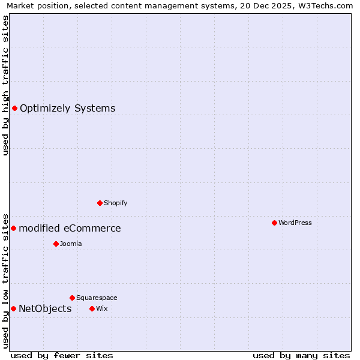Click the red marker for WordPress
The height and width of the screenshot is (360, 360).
[x=274, y=223]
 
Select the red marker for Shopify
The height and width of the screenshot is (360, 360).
[x=100, y=203]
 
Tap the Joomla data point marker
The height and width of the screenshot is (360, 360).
[x=56, y=244]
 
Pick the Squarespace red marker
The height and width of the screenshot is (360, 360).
[x=72, y=298]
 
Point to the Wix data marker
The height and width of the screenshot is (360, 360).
[x=92, y=308]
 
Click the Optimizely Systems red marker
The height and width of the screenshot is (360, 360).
[x=14, y=108]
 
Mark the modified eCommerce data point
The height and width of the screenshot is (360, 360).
[x=13, y=228]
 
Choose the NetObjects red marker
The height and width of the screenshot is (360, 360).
[x=13, y=308]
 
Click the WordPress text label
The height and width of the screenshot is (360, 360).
[x=295, y=223]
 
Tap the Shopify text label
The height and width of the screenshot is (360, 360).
[x=116, y=203]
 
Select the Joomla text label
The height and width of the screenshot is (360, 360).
[x=71, y=244]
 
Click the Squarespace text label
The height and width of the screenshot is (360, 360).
[x=97, y=298]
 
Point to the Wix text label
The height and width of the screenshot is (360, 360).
[x=101, y=308]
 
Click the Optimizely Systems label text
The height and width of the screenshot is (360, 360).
[x=67, y=109]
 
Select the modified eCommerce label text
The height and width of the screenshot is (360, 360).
[x=70, y=229]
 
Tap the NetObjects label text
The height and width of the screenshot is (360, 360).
[x=45, y=309]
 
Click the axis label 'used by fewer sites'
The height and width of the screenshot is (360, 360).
[x=62, y=355]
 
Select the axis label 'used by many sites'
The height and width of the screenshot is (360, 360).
[x=301, y=355]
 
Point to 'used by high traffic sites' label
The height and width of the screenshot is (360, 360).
[x=5, y=85]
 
